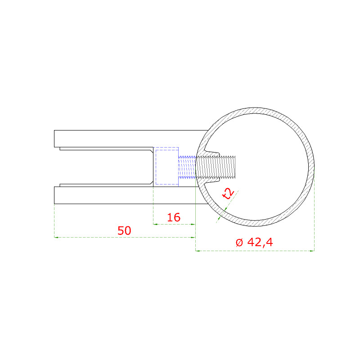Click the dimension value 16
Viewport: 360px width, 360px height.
click(174, 217)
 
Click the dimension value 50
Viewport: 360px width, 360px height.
click(124, 230)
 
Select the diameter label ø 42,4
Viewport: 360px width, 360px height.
click(254, 242)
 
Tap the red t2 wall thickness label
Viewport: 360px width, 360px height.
click(228, 193)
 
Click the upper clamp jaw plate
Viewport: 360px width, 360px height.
click(131, 139)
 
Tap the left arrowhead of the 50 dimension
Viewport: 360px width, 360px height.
click(56, 237)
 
